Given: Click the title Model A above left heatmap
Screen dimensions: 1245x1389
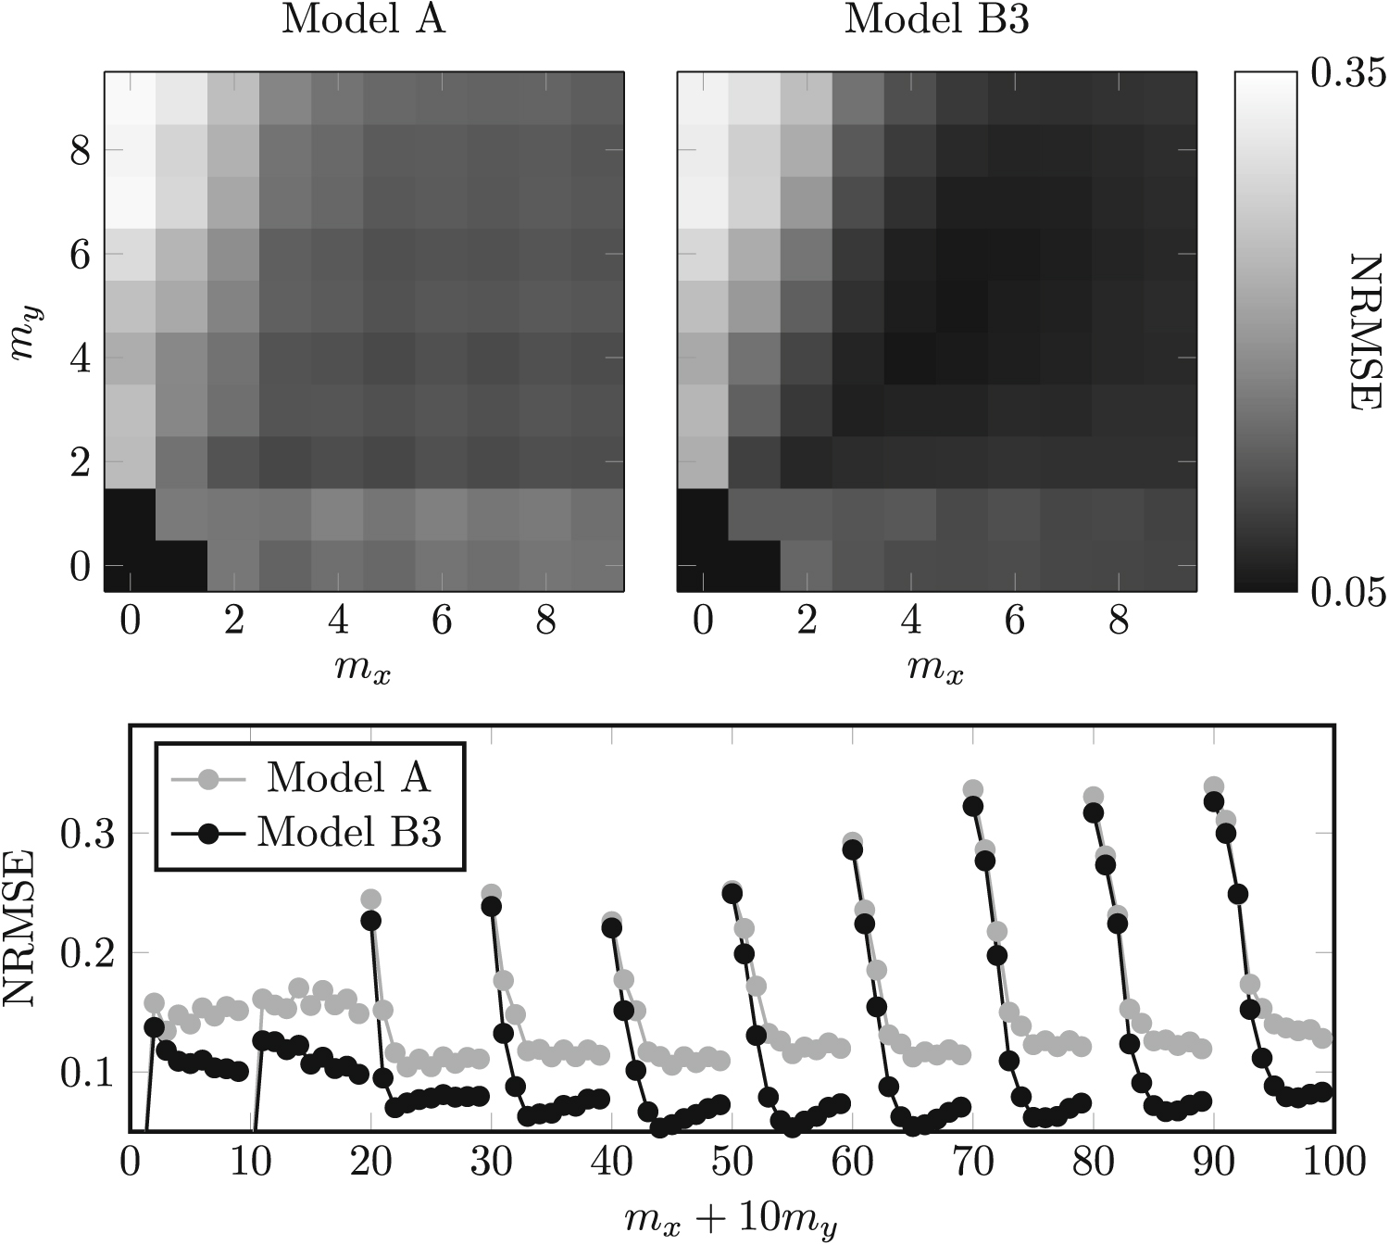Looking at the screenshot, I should coord(363,19).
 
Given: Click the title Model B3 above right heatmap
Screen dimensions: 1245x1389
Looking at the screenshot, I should coord(936,19).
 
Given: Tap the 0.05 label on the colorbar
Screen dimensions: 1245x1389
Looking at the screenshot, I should coord(1348,590).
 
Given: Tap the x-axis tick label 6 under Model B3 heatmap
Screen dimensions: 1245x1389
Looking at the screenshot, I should coord(1015,621).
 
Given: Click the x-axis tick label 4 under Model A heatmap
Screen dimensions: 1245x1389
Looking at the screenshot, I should coord(338,621).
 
